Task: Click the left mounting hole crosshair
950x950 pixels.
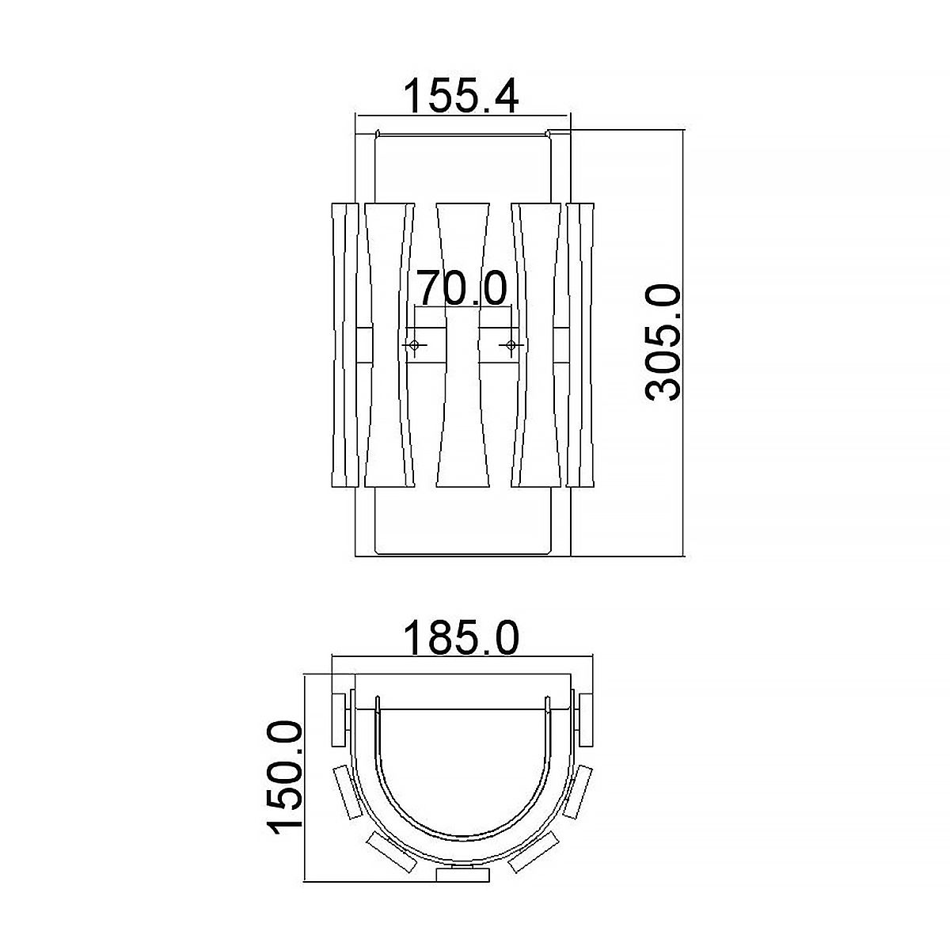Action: pos(413,345)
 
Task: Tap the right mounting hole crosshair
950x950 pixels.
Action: pos(511,345)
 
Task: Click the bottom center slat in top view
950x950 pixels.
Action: pos(462,874)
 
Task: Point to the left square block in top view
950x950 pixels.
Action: pos(340,719)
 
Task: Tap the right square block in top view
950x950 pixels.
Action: pos(586,719)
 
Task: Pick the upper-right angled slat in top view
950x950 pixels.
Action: pos(579,794)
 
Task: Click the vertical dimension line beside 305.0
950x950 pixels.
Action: pos(682,342)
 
